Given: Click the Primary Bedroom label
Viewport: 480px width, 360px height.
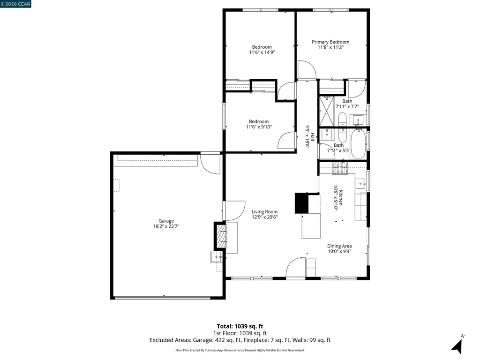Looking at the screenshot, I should (330, 42).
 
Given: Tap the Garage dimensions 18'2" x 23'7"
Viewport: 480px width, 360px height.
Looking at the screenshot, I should (166, 226).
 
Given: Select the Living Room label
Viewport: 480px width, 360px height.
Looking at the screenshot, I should (264, 211).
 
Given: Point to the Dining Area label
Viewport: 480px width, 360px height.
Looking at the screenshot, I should (339, 246).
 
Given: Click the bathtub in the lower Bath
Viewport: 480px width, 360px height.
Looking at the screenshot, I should (359, 144).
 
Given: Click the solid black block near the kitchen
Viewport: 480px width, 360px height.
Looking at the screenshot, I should (300, 203).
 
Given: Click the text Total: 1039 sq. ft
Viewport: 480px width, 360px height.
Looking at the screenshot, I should (240, 326).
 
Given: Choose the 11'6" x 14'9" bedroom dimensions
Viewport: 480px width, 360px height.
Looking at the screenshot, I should (262, 52).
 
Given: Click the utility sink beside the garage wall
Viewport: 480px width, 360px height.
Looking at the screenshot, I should (217, 257).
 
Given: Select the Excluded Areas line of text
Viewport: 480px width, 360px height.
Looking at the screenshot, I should (240, 340).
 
